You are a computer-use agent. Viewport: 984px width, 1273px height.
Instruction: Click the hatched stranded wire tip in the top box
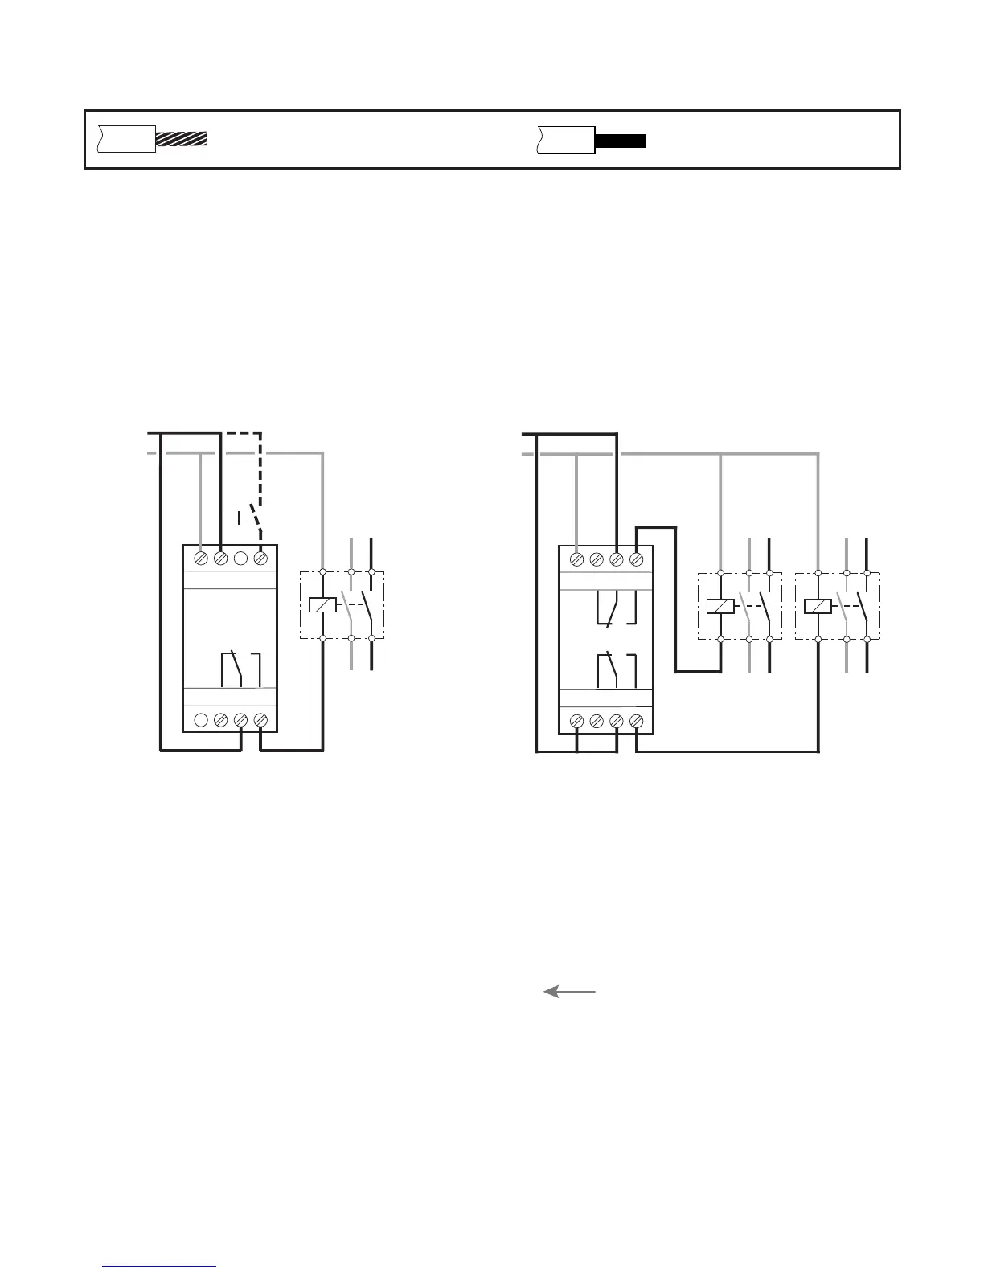coord(181,138)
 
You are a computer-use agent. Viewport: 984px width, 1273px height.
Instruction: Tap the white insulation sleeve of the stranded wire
coord(126,138)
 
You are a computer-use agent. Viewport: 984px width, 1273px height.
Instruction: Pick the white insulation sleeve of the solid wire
coord(566,139)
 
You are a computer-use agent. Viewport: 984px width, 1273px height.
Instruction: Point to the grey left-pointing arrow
coord(569,992)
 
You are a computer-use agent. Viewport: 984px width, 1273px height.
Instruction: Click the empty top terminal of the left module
coord(240,558)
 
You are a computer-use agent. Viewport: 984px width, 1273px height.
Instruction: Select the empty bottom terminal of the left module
coord(201,721)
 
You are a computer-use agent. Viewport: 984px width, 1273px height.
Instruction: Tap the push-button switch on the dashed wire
coord(250,517)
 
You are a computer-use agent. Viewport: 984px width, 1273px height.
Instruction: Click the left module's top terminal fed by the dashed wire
coord(260,558)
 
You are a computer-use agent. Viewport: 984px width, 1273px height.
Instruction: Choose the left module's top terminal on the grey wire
coord(201,558)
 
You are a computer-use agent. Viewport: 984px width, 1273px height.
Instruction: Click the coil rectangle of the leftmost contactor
coord(322,605)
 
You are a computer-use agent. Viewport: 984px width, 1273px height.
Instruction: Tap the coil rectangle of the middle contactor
coord(720,606)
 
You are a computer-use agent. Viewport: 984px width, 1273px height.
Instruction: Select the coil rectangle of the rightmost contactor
coord(818,606)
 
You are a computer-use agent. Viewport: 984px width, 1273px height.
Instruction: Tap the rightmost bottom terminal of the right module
coord(636,721)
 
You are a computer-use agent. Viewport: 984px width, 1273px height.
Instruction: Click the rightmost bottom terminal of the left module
coord(260,721)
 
